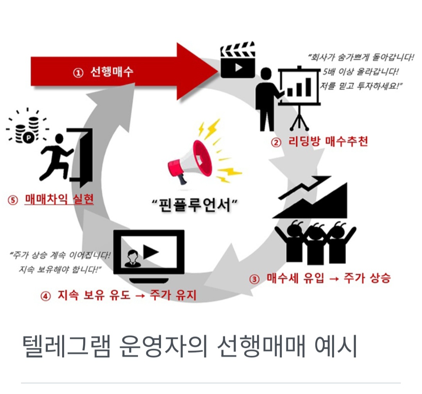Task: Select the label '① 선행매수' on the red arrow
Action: coord(103,73)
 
